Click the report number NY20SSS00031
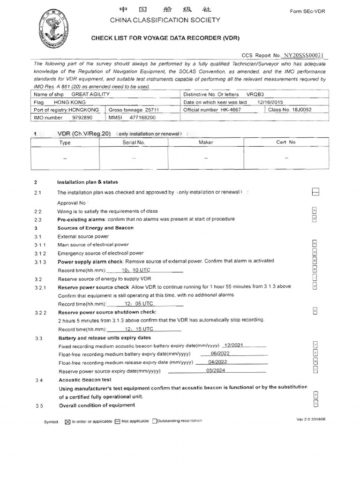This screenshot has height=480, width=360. pyautogui.click(x=304, y=54)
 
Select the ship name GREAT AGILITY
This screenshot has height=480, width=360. pyautogui.click(x=90, y=94)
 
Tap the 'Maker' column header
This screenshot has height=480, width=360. pyautogui.click(x=206, y=142)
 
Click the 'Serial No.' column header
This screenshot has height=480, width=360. pyautogui.click(x=134, y=142)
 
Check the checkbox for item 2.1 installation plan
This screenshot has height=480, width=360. pyautogui.click(x=315, y=192)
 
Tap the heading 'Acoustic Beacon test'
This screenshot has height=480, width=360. pyautogui.click(x=84, y=380)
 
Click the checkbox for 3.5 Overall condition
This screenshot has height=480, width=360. pyautogui.click(x=315, y=404)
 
